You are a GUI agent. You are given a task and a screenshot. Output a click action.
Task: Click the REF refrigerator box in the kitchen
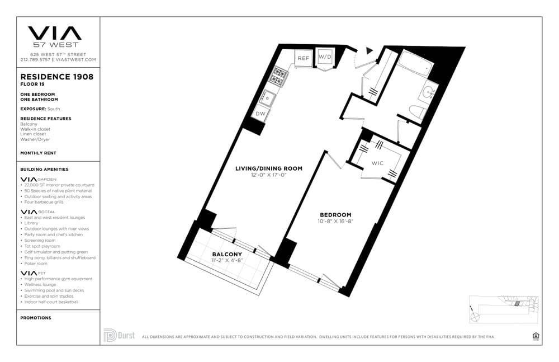tap(304, 58)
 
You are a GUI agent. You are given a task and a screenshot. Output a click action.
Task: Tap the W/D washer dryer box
tap(325, 57)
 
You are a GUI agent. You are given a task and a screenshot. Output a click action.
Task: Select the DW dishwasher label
tap(260, 114)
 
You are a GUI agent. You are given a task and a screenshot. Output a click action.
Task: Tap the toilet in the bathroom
tap(416, 112)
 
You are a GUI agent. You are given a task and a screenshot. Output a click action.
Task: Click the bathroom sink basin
tap(430, 91)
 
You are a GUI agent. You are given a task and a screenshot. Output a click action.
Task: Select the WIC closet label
tap(378, 163)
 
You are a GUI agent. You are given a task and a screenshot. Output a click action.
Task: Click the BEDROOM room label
tap(335, 215)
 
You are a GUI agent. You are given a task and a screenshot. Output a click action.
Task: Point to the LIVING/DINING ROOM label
tap(269, 168)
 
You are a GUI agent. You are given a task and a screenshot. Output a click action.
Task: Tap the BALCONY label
tap(227, 255)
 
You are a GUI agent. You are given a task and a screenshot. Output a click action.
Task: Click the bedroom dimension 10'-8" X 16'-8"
tap(335, 222)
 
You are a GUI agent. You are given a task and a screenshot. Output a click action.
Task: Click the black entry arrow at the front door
tap(369, 50)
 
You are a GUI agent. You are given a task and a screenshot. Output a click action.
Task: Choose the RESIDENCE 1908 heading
tap(56, 77)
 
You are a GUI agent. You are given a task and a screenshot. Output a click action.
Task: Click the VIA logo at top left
tap(55, 33)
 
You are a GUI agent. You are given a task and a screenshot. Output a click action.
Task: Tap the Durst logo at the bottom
tap(119, 335)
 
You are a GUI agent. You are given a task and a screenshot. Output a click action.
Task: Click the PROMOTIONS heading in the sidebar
tap(36, 318)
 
